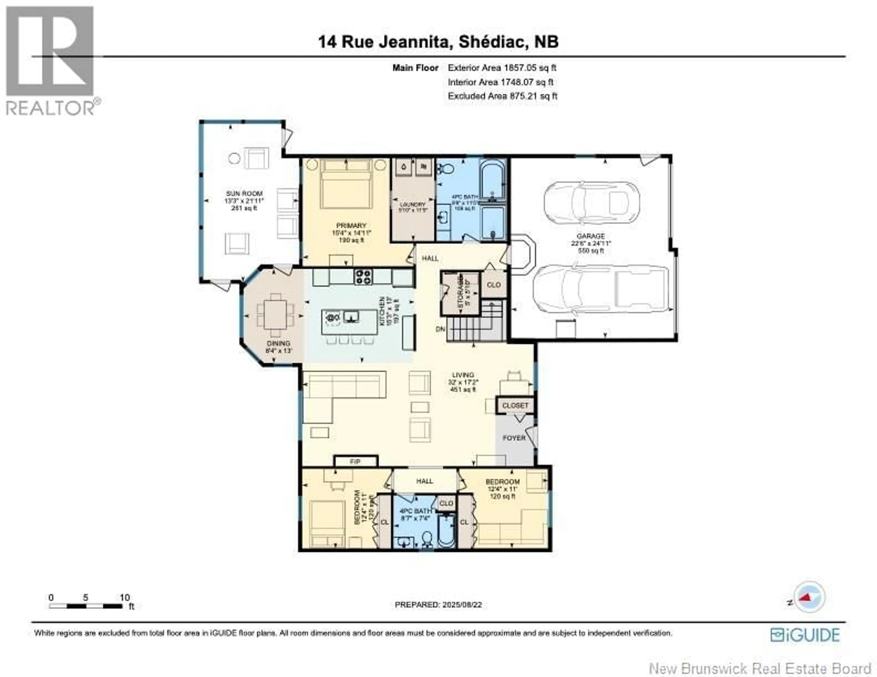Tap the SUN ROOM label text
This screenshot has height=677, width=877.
[244, 194]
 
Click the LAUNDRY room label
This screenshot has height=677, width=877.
[412, 205]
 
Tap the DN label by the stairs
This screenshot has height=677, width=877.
[441, 329]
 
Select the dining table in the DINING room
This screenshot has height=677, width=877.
[275, 315]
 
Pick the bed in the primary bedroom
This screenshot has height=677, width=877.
[346, 185]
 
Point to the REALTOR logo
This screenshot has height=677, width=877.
[50, 60]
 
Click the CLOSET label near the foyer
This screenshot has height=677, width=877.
[515, 406]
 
